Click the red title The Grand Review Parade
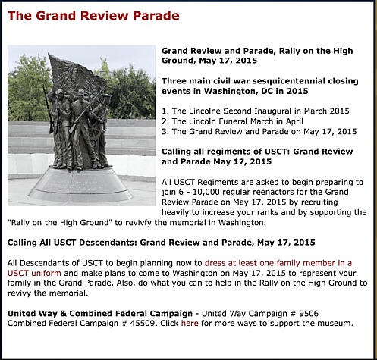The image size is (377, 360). tap(93, 16)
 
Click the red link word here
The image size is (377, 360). tap(190, 323)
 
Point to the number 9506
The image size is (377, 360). tap(309, 314)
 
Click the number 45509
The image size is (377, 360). tap(143, 324)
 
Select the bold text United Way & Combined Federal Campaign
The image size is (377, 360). tap(100, 314)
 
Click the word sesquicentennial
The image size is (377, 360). tap(289, 81)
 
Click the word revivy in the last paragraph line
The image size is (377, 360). tap(20, 293)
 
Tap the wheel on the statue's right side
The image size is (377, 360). tap(96, 130)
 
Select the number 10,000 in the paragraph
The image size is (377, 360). tap(206, 193)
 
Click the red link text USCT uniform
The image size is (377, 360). tap(34, 273)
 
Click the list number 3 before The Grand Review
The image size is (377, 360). tap(165, 132)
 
